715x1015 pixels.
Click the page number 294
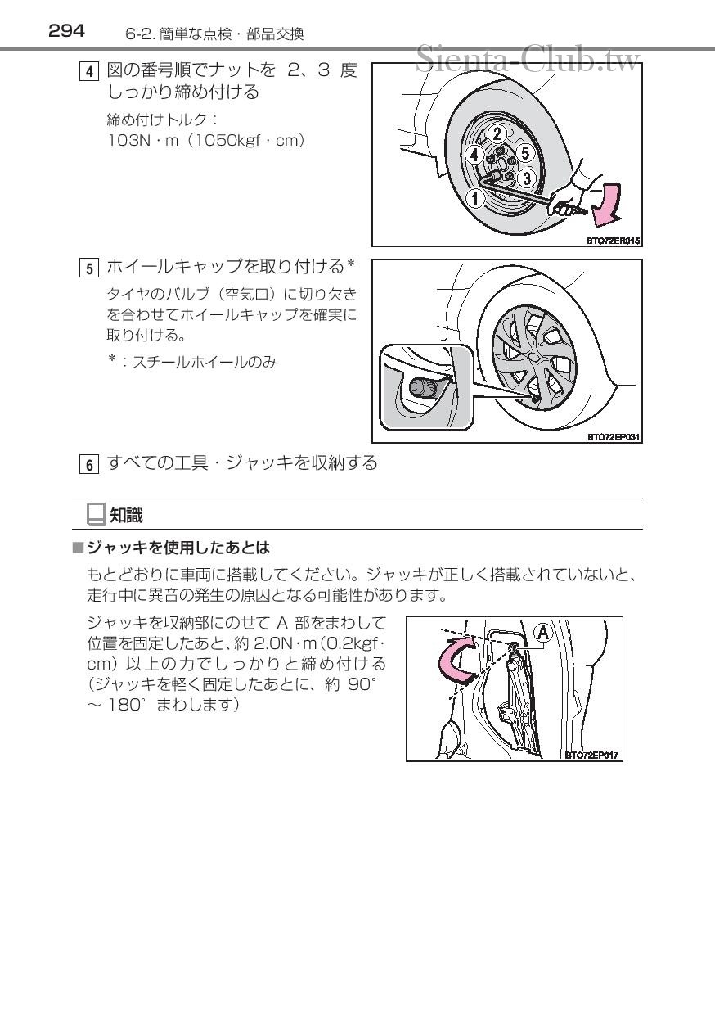pos(66,31)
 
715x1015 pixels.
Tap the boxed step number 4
pos(89,71)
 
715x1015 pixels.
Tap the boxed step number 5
pos(89,268)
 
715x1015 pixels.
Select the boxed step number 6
pos(89,464)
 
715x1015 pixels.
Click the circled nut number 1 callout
pos(475,196)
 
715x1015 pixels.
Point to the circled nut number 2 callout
pos(497,133)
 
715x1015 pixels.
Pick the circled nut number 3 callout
pos(527,177)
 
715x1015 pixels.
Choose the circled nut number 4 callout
pos(474,154)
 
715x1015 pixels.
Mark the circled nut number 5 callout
pos(525,152)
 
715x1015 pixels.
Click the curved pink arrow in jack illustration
pos(458,660)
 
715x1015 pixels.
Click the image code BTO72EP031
pos(613,436)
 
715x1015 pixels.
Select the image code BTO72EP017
pos(593,755)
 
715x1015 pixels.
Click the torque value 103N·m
pos(143,141)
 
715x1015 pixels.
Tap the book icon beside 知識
pos(96,514)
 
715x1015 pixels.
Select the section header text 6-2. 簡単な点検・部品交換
pos(214,34)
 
